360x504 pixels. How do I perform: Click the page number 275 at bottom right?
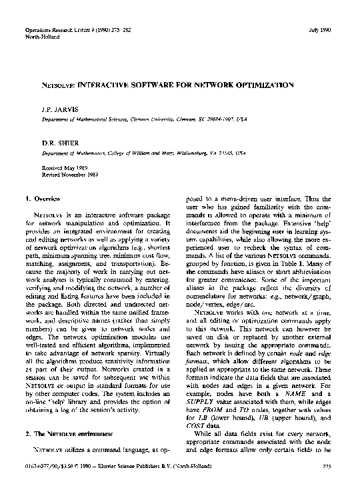tap(327, 484)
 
